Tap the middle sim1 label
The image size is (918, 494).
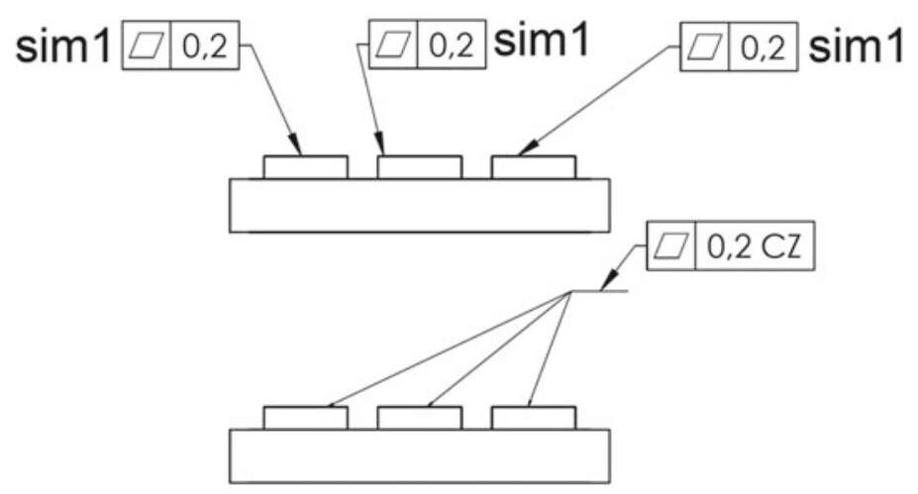point(540,42)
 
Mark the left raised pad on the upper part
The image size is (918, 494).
point(305,166)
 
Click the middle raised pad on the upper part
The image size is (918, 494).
point(419,166)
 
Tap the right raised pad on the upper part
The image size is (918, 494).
point(533,166)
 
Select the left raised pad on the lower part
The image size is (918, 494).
point(305,417)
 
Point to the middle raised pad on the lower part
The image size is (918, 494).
point(419,417)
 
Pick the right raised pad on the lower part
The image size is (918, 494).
point(533,417)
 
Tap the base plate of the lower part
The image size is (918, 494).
point(419,454)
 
